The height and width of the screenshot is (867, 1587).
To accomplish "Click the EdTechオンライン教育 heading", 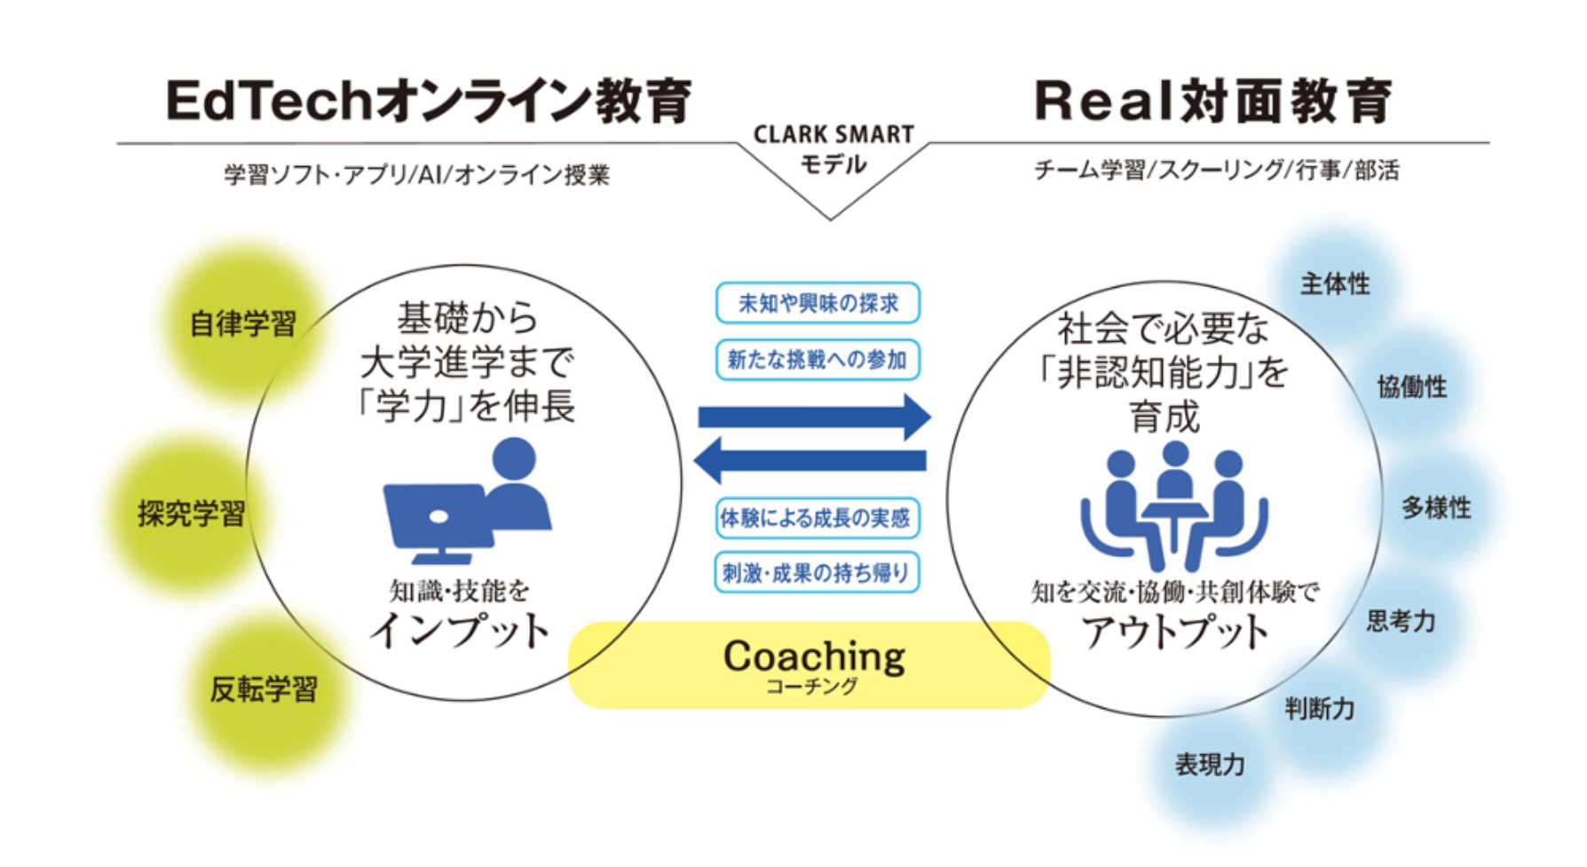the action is tap(429, 100).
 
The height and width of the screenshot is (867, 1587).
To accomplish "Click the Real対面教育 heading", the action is tap(1213, 100).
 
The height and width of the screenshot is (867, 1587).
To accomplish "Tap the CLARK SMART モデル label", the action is tap(833, 149).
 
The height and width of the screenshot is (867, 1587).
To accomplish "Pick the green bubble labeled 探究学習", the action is tap(190, 513).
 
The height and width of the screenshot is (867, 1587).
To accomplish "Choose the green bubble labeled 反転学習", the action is tap(264, 689).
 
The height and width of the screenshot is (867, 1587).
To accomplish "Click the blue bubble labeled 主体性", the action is tap(1335, 284).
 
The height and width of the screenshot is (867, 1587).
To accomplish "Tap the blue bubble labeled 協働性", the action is tap(1411, 386).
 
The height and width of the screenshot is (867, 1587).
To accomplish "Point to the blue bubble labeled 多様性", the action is tap(1436, 508).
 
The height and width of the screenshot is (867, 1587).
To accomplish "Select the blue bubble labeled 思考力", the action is tap(1400, 622).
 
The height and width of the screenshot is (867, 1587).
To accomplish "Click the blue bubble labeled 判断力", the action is tap(1320, 709).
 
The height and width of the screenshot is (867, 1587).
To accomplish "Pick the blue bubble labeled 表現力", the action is tap(1210, 765).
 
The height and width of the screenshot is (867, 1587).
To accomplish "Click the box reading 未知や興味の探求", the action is tap(817, 303).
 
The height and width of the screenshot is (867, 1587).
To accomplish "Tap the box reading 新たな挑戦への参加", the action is tap(817, 360).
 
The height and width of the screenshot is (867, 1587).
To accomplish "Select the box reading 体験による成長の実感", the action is tap(817, 518).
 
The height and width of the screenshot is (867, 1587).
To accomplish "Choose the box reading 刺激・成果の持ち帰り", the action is tap(817, 573).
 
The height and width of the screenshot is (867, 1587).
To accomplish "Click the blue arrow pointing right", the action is tap(815, 417).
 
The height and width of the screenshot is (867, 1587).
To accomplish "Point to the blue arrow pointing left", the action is tap(809, 460).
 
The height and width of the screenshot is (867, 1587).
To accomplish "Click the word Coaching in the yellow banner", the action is tap(814, 656).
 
